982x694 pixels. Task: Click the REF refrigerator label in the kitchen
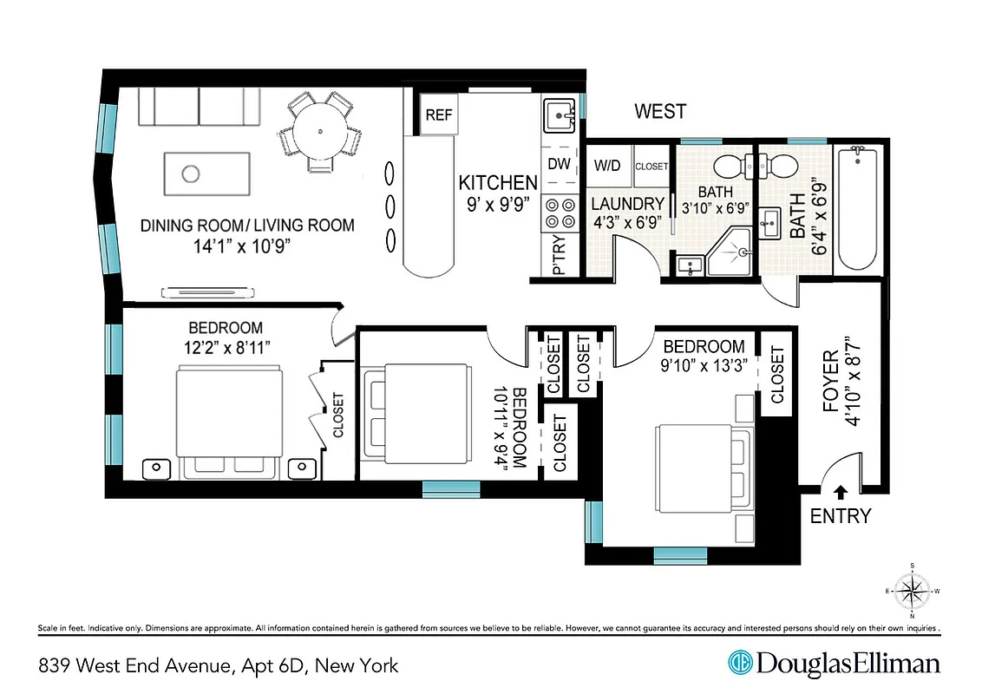tap(439, 115)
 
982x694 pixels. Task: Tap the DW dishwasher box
tap(559, 164)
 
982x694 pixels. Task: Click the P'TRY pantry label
tap(559, 257)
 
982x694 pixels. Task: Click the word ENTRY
tap(840, 516)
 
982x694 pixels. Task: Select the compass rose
tap(911, 592)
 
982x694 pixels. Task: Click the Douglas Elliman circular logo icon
tap(740, 664)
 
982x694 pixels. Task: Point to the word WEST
tap(660, 112)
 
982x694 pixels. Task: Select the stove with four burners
tap(559, 213)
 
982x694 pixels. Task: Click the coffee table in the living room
tap(206, 173)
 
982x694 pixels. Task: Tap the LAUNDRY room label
tap(627, 204)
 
